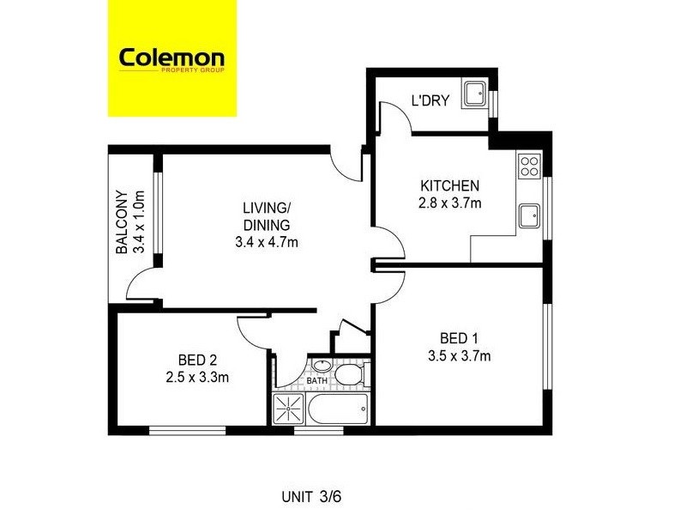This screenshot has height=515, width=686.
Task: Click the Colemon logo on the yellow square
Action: click(171, 59)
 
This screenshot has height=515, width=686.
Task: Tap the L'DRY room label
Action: click(430, 101)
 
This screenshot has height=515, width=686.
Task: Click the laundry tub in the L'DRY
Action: click(473, 94)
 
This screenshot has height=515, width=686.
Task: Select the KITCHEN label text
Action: click(448, 186)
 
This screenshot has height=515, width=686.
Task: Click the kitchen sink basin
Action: click(530, 214)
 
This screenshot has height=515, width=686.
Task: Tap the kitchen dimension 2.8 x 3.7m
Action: click(448, 203)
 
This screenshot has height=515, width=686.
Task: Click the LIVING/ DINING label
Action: click(266, 215)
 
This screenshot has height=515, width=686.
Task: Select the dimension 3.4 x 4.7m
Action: click(266, 242)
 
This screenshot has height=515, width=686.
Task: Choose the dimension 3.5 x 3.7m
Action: click(460, 355)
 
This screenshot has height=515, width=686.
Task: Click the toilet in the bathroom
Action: click(349, 375)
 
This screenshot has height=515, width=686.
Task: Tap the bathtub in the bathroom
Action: click(338, 409)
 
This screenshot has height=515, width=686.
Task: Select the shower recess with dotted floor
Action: click(289, 408)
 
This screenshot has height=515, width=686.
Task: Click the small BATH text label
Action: click(317, 380)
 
